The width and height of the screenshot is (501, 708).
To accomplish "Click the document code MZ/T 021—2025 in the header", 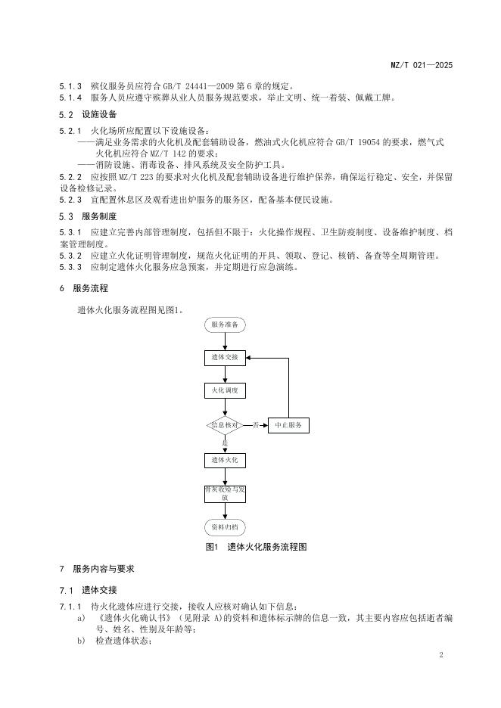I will point(422,66).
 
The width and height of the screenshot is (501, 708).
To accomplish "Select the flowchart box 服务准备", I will point(225,324).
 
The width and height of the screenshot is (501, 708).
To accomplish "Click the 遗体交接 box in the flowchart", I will point(225,358).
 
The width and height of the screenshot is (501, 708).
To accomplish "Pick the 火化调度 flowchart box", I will point(225,391).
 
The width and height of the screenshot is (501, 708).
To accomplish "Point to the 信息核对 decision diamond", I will point(225,426).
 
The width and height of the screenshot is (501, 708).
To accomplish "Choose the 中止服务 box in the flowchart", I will point(288,426).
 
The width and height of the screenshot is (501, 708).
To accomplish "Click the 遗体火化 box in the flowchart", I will point(225,460).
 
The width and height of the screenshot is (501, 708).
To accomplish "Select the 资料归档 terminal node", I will point(225,527).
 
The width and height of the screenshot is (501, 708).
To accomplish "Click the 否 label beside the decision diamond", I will point(256,424).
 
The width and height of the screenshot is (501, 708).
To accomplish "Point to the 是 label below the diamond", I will point(225,442).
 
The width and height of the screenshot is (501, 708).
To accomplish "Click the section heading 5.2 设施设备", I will point(88,115).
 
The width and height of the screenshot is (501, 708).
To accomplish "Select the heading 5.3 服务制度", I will point(88,216).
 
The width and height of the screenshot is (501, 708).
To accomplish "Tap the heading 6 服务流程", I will point(83,288).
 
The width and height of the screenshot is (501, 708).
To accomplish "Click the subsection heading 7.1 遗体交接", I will point(88,590).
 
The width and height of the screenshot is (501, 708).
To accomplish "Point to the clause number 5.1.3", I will point(70,84).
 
